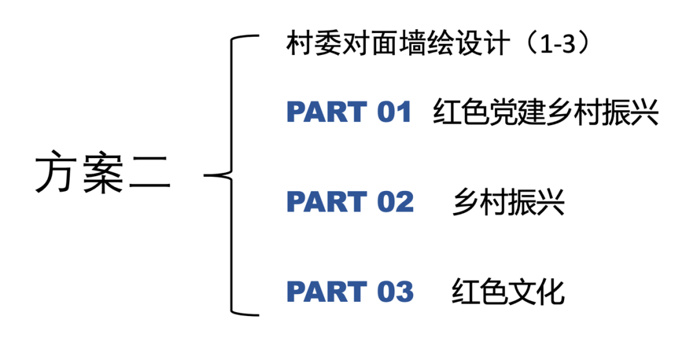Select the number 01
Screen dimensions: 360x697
[394, 113]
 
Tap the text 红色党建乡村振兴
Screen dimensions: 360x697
[546, 113]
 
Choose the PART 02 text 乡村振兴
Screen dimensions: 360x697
[509, 202]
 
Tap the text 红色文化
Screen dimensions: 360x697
[509, 292]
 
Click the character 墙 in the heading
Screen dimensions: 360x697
[412, 46]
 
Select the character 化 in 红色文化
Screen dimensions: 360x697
[551, 292]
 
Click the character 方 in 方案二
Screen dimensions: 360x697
[56, 175]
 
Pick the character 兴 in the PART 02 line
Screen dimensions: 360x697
[551, 202]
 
